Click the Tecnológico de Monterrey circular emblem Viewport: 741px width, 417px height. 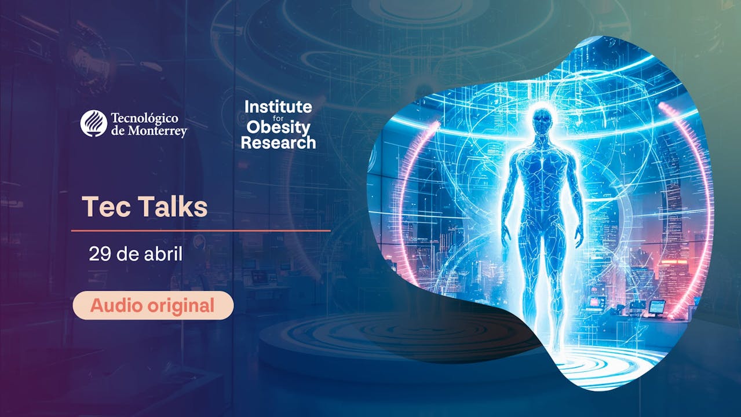pyautogui.click(x=93, y=123)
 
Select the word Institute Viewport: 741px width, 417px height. pyautogui.click(x=278, y=107)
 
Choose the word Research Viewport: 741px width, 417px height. pyautogui.click(x=278, y=142)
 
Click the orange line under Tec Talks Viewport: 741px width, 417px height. pyautogui.click(x=200, y=231)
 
